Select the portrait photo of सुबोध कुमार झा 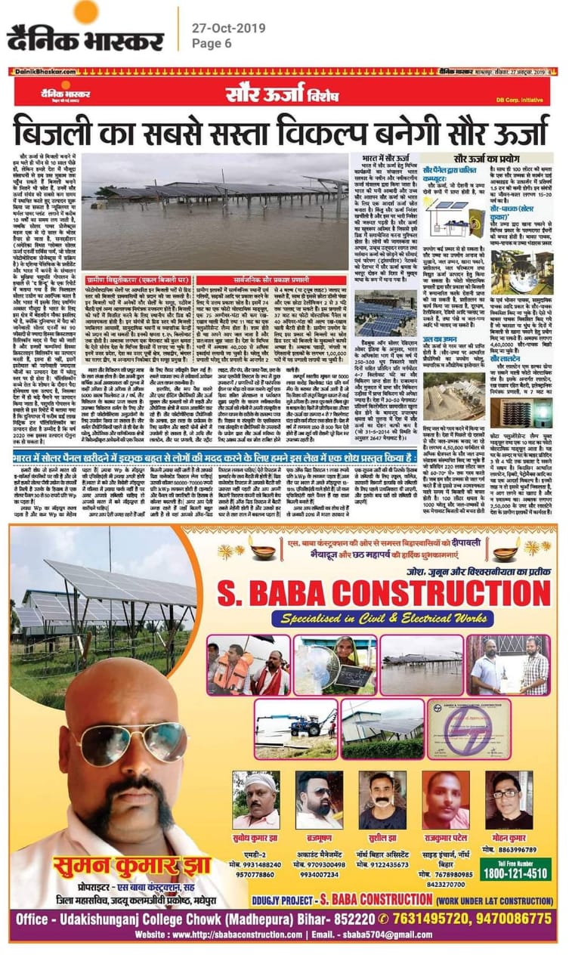pos(256,800)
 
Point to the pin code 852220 pos(351,919)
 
